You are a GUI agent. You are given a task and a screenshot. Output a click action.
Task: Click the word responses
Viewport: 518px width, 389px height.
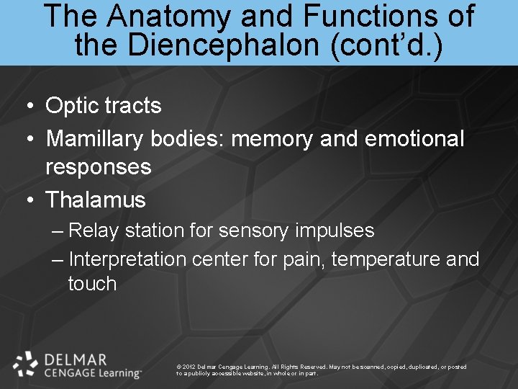click(x=99, y=167)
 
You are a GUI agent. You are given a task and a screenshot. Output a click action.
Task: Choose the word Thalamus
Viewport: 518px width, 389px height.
click(x=96, y=200)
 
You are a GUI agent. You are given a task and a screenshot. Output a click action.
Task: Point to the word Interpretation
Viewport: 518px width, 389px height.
click(x=127, y=259)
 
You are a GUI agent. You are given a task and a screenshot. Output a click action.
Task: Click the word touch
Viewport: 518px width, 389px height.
click(x=92, y=283)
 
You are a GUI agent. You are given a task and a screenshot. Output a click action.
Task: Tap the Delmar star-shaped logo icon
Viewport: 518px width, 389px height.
click(x=25, y=364)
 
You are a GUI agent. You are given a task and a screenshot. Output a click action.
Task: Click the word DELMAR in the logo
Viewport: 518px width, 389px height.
click(x=75, y=359)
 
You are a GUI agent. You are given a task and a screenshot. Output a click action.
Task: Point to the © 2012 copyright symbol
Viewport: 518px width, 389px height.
click(x=178, y=367)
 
